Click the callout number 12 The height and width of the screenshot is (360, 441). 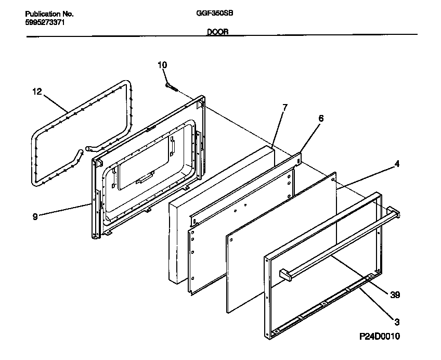(x=36, y=92)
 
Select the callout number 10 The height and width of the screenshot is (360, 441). (x=162, y=65)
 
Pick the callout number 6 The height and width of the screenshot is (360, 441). (x=320, y=119)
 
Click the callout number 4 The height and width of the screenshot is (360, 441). (x=397, y=164)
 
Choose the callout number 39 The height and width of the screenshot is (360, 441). (x=395, y=295)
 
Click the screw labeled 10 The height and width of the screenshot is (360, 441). (x=171, y=86)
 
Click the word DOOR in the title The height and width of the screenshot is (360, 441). (x=217, y=32)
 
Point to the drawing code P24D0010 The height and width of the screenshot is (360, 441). (x=380, y=337)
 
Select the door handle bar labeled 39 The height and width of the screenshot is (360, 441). (x=338, y=245)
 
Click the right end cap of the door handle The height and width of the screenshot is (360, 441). (x=394, y=213)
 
